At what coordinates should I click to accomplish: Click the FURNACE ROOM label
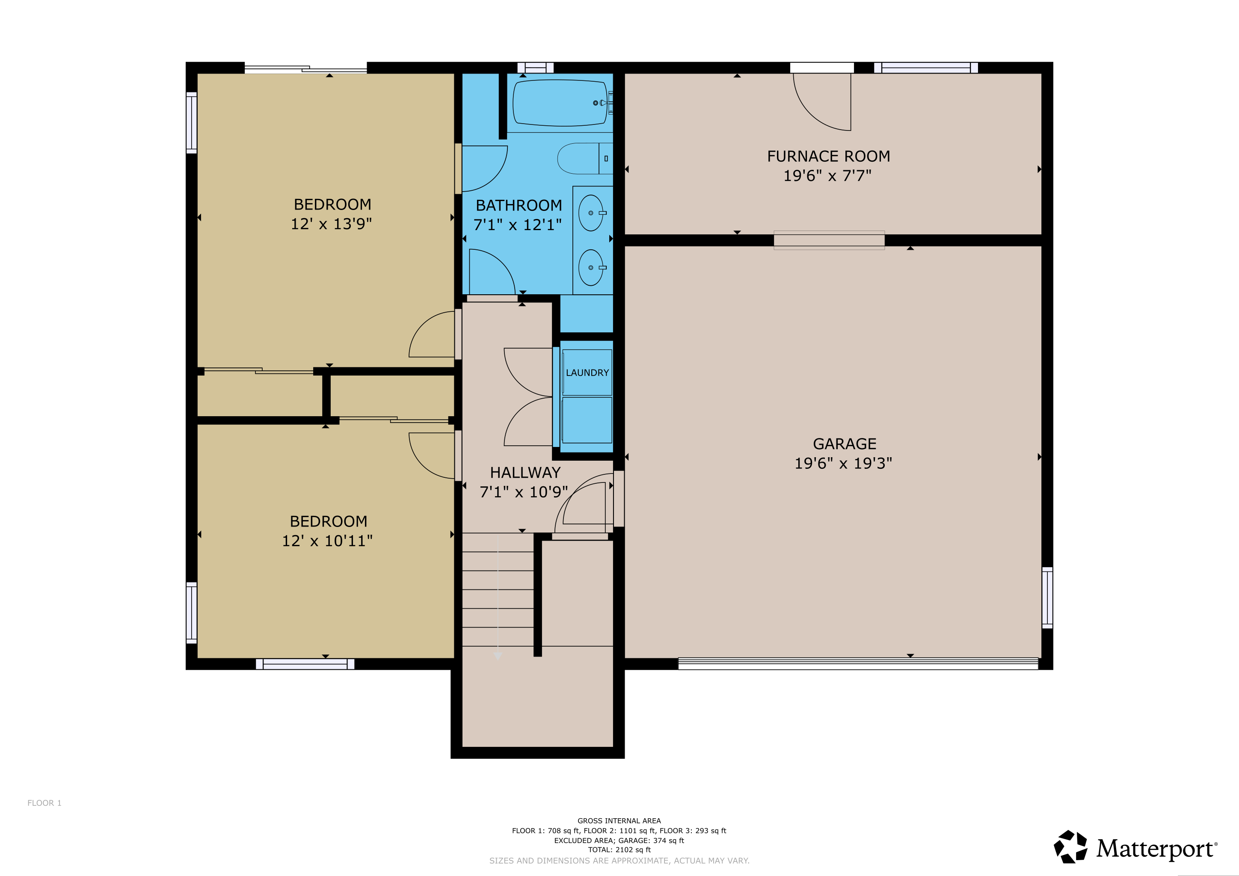pos(828,157)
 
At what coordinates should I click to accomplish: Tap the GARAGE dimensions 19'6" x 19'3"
pos(843,463)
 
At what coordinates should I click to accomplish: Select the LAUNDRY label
pos(587,373)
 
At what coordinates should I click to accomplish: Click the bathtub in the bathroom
pos(560,103)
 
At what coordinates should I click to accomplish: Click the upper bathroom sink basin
pos(590,213)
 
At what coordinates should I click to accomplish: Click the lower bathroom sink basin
pos(590,267)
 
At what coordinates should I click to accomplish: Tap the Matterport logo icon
pos(1070,847)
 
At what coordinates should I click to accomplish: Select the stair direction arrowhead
pos(498,656)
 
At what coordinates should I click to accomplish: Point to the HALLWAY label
pos(525,473)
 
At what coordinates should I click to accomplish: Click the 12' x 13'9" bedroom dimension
pos(331,224)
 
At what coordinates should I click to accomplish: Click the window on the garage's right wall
pos(1047,598)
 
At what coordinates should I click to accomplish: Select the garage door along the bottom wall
pos(858,663)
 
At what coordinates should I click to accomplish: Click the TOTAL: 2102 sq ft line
pos(619,849)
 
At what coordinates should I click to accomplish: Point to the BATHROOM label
pos(519,205)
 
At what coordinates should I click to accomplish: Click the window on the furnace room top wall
pos(926,68)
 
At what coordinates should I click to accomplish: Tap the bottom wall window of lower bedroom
pos(305,664)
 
